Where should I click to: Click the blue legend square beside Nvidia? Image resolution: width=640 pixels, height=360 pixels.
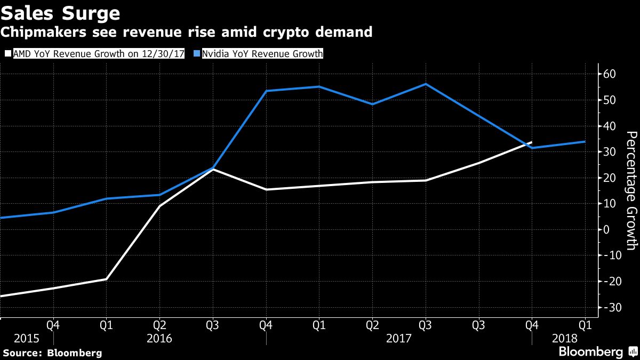(x=197, y=54)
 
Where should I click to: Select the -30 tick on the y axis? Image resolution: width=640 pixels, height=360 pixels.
(x=610, y=308)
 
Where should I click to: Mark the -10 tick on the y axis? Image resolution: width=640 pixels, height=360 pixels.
(x=610, y=255)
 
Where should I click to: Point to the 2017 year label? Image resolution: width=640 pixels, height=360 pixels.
(x=399, y=338)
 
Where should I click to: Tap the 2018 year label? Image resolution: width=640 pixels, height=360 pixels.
(x=565, y=338)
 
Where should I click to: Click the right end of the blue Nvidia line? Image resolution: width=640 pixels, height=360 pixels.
(x=585, y=141)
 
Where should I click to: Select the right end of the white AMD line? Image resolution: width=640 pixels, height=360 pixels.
(x=532, y=142)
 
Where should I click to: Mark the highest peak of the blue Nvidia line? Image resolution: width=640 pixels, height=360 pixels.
(x=426, y=84)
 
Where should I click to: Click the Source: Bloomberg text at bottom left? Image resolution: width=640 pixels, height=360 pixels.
(x=52, y=353)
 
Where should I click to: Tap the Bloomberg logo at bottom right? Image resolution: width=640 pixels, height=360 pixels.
(x=597, y=352)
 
